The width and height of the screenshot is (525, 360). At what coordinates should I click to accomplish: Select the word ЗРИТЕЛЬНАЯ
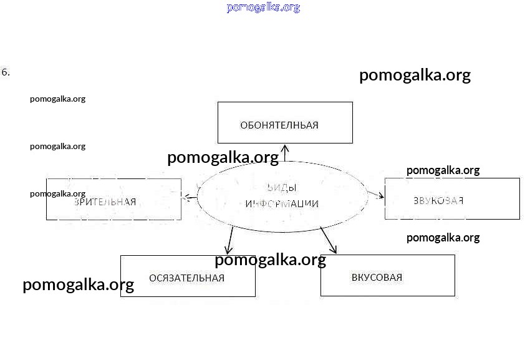coord(105,202)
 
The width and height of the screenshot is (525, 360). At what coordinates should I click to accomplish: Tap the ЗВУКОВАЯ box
coord(451,200)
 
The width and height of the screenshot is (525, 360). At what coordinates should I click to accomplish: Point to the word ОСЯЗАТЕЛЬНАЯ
coord(186,278)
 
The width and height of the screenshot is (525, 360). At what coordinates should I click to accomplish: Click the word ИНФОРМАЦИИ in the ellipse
coord(282,204)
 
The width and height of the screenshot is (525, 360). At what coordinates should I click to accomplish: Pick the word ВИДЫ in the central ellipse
coord(281,188)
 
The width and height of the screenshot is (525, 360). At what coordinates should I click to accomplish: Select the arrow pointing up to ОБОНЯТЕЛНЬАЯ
coord(285,152)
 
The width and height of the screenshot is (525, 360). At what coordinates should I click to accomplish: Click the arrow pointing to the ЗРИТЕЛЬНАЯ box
coord(190,198)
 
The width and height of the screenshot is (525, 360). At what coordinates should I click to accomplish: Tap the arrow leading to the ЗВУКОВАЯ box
coord(377,195)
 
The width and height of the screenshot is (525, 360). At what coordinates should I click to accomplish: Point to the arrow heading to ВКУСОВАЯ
coord(329,240)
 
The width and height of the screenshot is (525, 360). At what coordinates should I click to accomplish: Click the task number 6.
coord(6,72)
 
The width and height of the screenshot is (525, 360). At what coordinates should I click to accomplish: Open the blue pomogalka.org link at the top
coord(263,7)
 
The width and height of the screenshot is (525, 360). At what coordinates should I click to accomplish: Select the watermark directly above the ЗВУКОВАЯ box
coord(443,170)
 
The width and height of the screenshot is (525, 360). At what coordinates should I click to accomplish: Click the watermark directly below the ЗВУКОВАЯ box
coord(443,238)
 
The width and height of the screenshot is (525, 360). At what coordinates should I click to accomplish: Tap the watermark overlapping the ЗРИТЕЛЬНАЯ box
coord(57,193)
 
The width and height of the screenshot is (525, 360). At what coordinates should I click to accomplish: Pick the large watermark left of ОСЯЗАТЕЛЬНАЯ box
coord(78,285)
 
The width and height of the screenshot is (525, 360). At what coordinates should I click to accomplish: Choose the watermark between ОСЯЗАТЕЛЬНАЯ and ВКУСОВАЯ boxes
coord(270,260)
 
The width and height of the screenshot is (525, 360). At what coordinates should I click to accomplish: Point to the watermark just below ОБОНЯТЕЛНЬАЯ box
coord(223,158)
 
